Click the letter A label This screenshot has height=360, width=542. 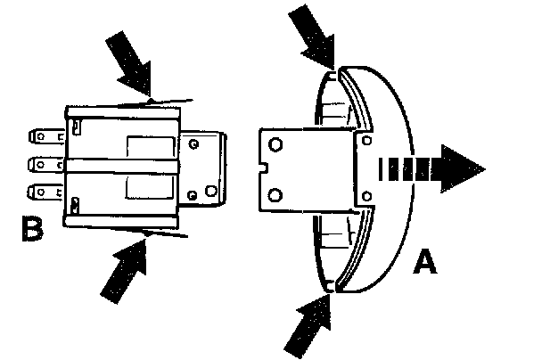click(x=426, y=263)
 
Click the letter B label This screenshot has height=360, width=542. click(x=34, y=231)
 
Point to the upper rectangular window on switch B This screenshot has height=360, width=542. click(x=140, y=147)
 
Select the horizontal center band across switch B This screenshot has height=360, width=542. click(x=125, y=165)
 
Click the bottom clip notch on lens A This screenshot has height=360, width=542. click(x=331, y=285)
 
